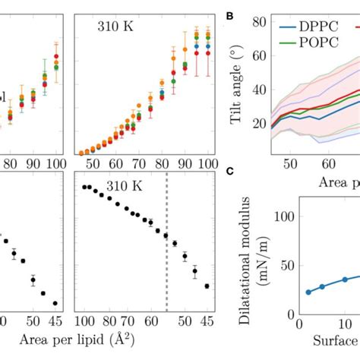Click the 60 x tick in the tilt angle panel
[x=332, y=163]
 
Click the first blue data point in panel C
[x=286, y=292]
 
